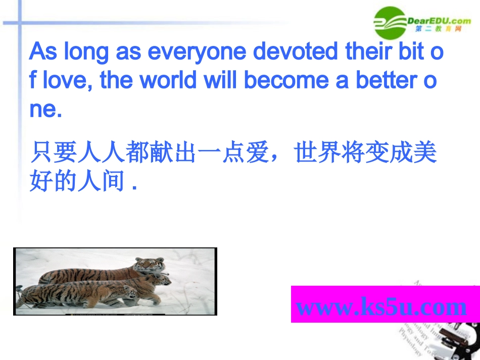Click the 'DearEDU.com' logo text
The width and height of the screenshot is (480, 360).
439,20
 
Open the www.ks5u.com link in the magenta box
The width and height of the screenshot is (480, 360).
381,306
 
